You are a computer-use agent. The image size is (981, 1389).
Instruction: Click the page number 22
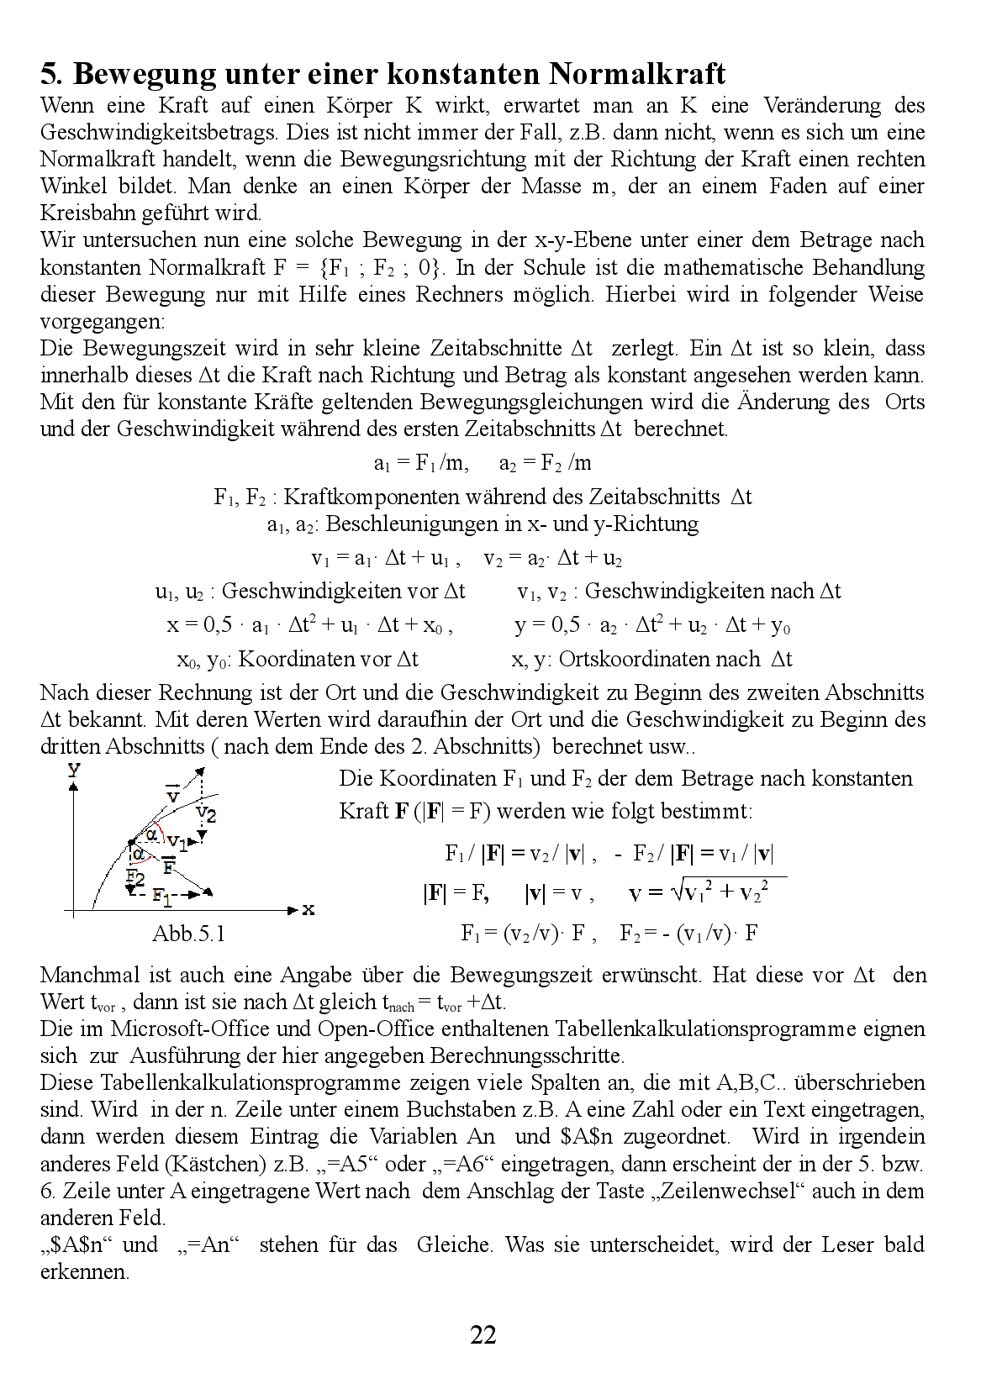pos(483,1334)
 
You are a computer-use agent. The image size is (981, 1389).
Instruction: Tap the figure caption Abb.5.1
pos(188,934)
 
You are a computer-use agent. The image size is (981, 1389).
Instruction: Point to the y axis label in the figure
pos(74,768)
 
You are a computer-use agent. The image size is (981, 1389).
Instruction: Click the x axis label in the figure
pos(308,909)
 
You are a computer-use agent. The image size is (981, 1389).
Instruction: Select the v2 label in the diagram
pos(206,813)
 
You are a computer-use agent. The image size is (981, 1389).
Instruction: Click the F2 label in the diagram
pos(135,876)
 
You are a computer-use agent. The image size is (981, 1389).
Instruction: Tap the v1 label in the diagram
pos(177,841)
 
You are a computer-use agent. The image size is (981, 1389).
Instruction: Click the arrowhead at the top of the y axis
pos(75,785)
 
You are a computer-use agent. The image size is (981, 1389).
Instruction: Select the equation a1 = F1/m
pos(420,463)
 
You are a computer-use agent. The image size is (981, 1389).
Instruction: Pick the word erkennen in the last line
pos(84,1271)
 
